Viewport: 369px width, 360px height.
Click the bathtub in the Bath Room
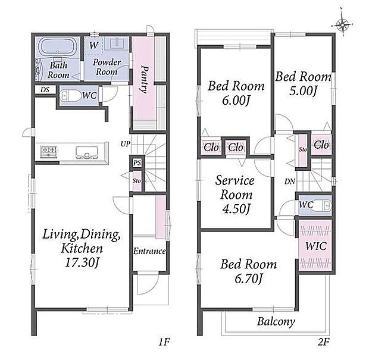pos(57,47)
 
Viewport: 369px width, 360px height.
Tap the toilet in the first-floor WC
pos(69,96)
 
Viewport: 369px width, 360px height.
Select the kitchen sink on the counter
pos(87,152)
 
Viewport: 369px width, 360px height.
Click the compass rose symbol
pos(342,23)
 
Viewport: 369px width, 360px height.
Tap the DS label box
pos(45,90)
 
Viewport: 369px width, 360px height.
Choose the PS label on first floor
pos(137,162)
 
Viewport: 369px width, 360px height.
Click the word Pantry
pos(144,80)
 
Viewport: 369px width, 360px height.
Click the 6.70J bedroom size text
pos(249,278)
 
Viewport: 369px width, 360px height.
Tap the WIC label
pos(316,246)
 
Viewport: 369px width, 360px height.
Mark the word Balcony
pos(276,321)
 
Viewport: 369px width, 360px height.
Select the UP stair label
pos(125,143)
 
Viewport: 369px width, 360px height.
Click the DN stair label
pos(290,181)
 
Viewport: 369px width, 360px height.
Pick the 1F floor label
pos(164,342)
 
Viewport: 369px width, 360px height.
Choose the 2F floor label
pos(323,342)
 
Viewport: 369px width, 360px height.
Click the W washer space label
pos(93,45)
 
